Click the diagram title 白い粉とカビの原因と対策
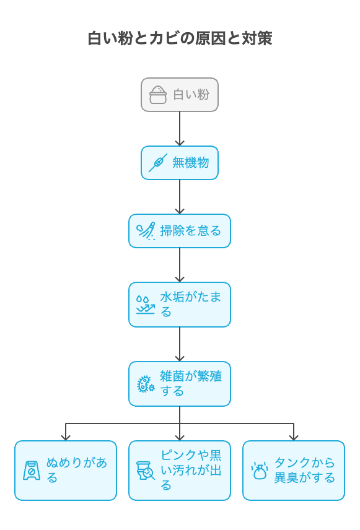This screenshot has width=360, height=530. tap(180, 38)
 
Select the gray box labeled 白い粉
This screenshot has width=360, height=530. tap(180, 95)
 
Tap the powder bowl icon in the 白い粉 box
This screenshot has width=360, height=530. tap(158, 95)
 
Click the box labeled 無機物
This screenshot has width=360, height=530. tap(180, 163)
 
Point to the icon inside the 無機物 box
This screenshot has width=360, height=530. tap(158, 163)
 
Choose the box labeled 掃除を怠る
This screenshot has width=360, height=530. tap(180, 231)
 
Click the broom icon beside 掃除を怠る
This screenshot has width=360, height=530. tap(146, 231)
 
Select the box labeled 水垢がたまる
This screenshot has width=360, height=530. tap(180, 305)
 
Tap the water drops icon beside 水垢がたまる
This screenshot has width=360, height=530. tap(146, 305)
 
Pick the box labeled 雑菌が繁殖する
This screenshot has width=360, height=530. tap(180, 384)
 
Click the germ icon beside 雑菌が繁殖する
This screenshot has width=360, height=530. tap(146, 384)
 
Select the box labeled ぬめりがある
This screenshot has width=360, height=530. tap(66, 470)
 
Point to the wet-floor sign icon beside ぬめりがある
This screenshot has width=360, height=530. tap(32, 471)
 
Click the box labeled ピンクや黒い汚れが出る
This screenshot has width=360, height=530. tap(180, 470)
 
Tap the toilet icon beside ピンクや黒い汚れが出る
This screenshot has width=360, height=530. tap(146, 471)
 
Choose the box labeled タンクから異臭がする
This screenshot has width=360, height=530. tap(294, 470)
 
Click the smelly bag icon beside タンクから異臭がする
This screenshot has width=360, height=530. tap(260, 471)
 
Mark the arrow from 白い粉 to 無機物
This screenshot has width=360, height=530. tap(180, 129)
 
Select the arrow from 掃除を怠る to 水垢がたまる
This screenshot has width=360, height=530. tap(180, 265)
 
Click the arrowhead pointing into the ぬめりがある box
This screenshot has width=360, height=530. tap(66, 438)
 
